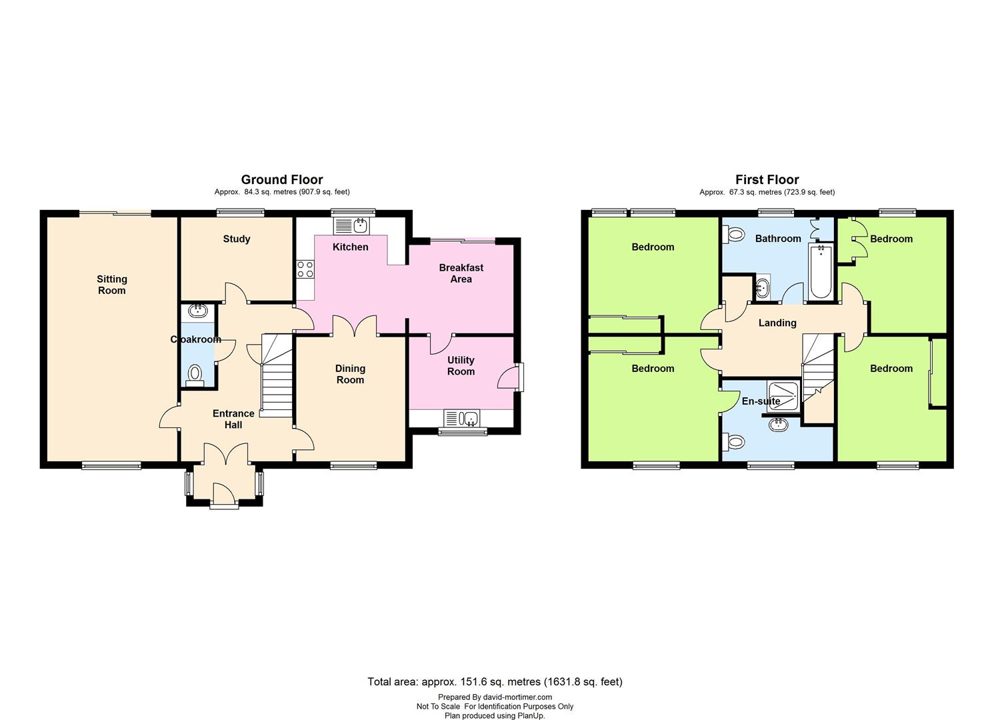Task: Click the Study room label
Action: pos(237,239)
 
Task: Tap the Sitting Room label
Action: pos(112,285)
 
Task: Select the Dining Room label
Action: pos(350,374)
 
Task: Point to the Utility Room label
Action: pos(461,365)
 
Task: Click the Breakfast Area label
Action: pos(461,273)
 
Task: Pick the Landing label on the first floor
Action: pos(777,323)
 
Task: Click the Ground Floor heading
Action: pos(282,179)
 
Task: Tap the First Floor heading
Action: pos(767,179)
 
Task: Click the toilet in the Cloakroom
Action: pos(195,376)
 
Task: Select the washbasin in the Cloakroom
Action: pos(197,310)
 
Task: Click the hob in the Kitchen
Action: pos(305,269)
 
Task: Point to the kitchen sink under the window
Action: pos(352,225)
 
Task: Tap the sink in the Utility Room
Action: pos(462,418)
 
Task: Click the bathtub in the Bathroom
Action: pos(821,271)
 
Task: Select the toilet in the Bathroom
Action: pos(733,234)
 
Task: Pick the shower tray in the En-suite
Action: pos(783,397)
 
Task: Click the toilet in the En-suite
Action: pos(733,441)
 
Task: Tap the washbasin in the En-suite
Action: pos(778,425)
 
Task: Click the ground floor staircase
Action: pos(277,376)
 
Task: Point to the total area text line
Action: pos(495,681)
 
